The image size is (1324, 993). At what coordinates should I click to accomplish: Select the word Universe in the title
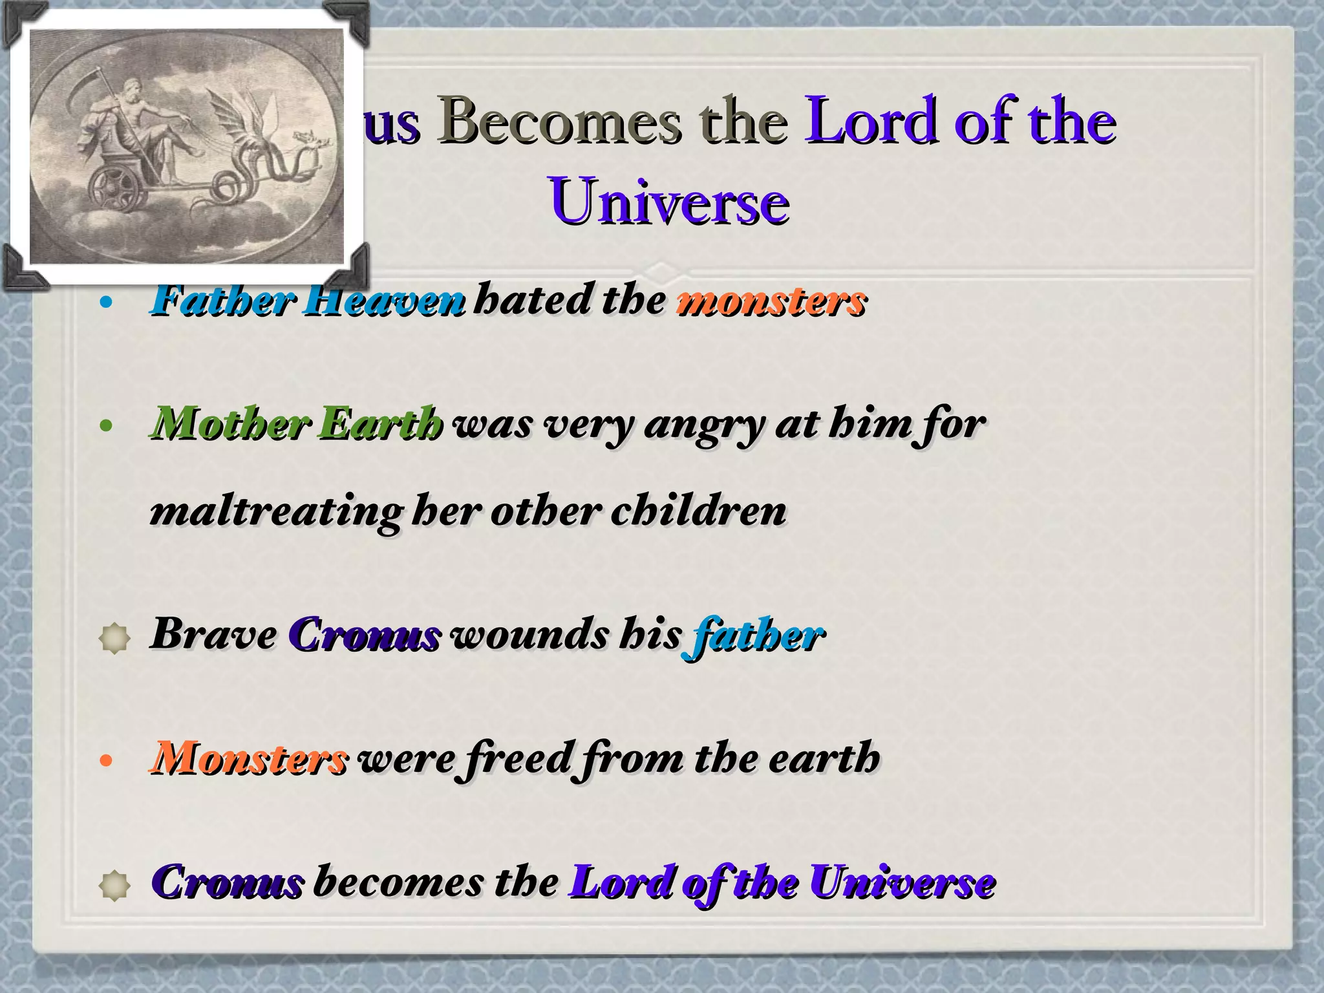click(x=669, y=202)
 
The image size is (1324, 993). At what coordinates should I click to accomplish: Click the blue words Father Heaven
click(x=308, y=301)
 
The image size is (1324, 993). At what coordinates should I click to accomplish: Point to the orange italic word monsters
click(x=771, y=301)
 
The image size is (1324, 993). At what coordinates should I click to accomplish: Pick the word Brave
click(x=213, y=634)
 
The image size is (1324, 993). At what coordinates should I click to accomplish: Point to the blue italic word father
click(x=753, y=635)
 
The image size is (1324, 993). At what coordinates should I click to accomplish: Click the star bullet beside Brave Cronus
click(x=115, y=639)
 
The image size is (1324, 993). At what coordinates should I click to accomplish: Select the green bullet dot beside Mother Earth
click(x=107, y=426)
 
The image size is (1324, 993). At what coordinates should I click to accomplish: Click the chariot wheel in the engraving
click(x=116, y=187)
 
